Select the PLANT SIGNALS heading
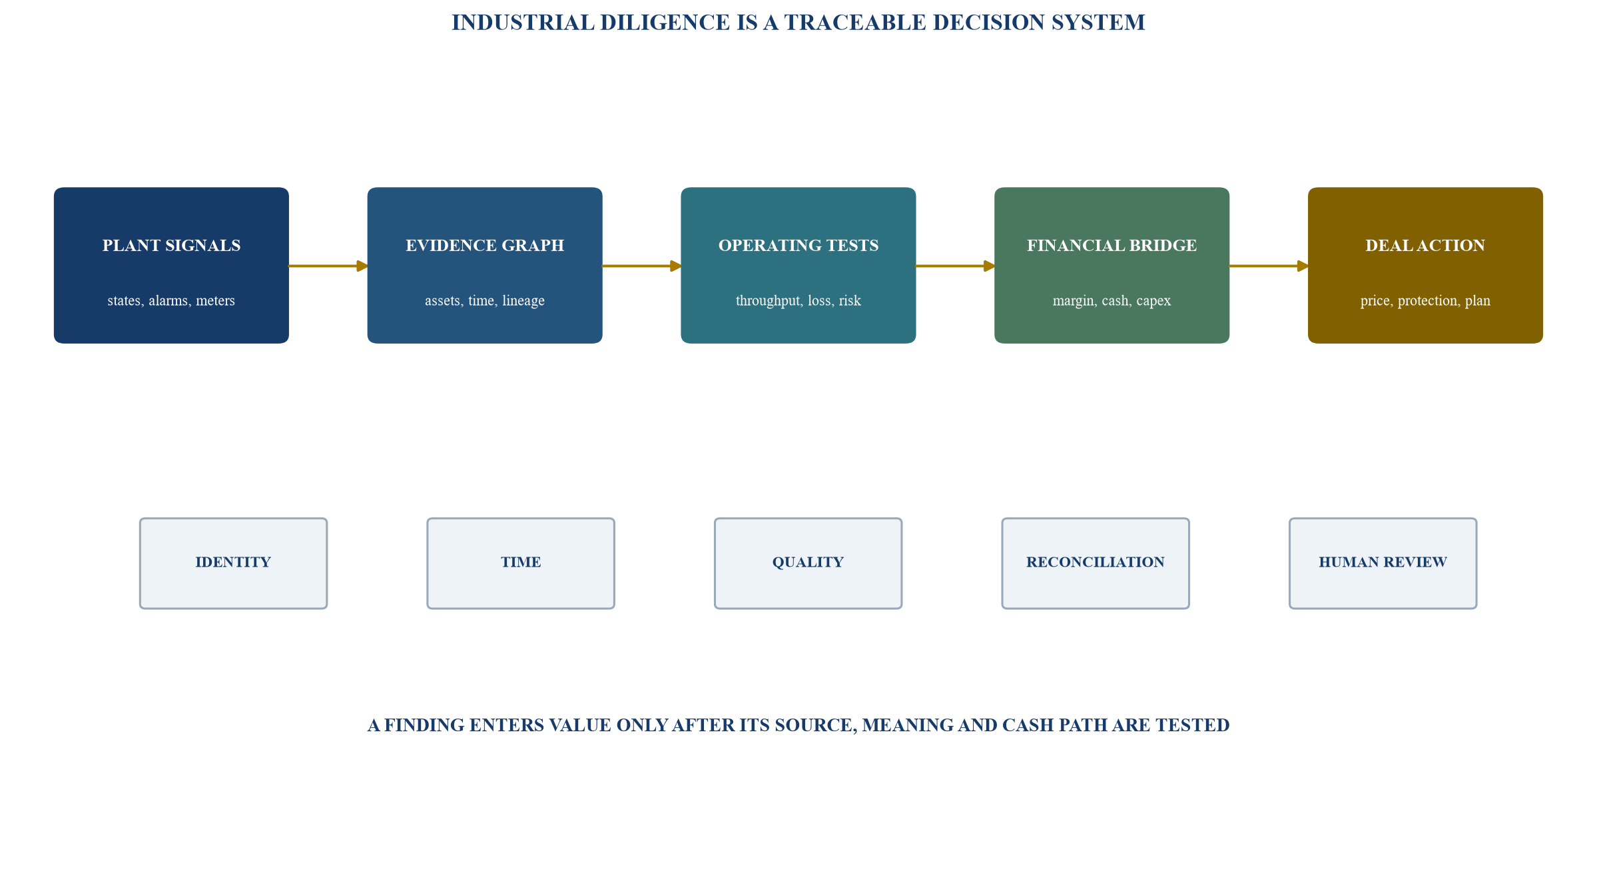point(171,246)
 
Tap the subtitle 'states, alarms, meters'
point(171,301)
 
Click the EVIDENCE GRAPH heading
point(485,246)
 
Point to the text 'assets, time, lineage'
point(485,301)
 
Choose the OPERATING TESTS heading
point(798,246)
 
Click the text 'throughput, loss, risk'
point(798,301)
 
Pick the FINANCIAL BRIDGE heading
point(1112,246)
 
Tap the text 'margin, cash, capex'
point(1112,301)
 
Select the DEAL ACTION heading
point(1425,246)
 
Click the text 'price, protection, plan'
point(1425,301)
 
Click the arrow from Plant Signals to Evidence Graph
point(328,266)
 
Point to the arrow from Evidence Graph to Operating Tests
point(642,266)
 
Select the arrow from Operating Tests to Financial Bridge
point(956,266)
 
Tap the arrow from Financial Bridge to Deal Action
point(1269,266)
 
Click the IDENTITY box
point(233,563)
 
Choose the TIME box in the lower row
point(521,563)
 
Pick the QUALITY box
point(808,563)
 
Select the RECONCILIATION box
point(1096,563)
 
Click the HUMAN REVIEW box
point(1383,563)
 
